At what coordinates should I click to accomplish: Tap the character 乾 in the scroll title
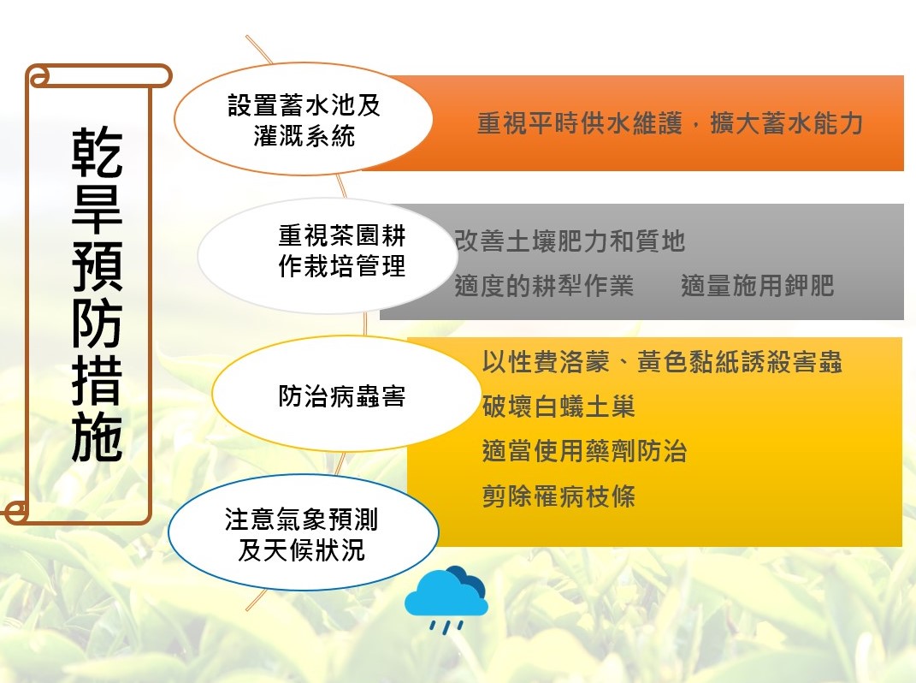[x=97, y=152]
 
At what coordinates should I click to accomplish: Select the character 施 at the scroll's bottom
[x=97, y=437]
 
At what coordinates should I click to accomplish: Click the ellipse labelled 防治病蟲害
[x=346, y=394]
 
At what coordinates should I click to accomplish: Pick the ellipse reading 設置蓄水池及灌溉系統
[x=303, y=119]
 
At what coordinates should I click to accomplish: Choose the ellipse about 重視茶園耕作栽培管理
[x=328, y=256]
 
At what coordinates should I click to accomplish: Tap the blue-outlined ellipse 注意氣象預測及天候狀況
[x=303, y=532]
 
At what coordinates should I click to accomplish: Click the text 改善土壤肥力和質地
[x=570, y=241]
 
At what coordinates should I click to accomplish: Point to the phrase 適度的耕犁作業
[x=544, y=286]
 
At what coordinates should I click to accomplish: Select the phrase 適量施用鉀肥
[x=757, y=286]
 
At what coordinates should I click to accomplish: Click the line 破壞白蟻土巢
[x=558, y=407]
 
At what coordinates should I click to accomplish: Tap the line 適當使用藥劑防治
[x=584, y=451]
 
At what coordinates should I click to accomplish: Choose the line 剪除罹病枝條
[x=558, y=496]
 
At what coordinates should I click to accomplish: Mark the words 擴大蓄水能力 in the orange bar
[x=786, y=123]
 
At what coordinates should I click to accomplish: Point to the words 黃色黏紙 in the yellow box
[x=688, y=362]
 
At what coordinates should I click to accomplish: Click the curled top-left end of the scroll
[x=38, y=77]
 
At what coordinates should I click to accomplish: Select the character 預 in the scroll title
[x=97, y=266]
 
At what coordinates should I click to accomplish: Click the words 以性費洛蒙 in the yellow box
[x=546, y=362]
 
